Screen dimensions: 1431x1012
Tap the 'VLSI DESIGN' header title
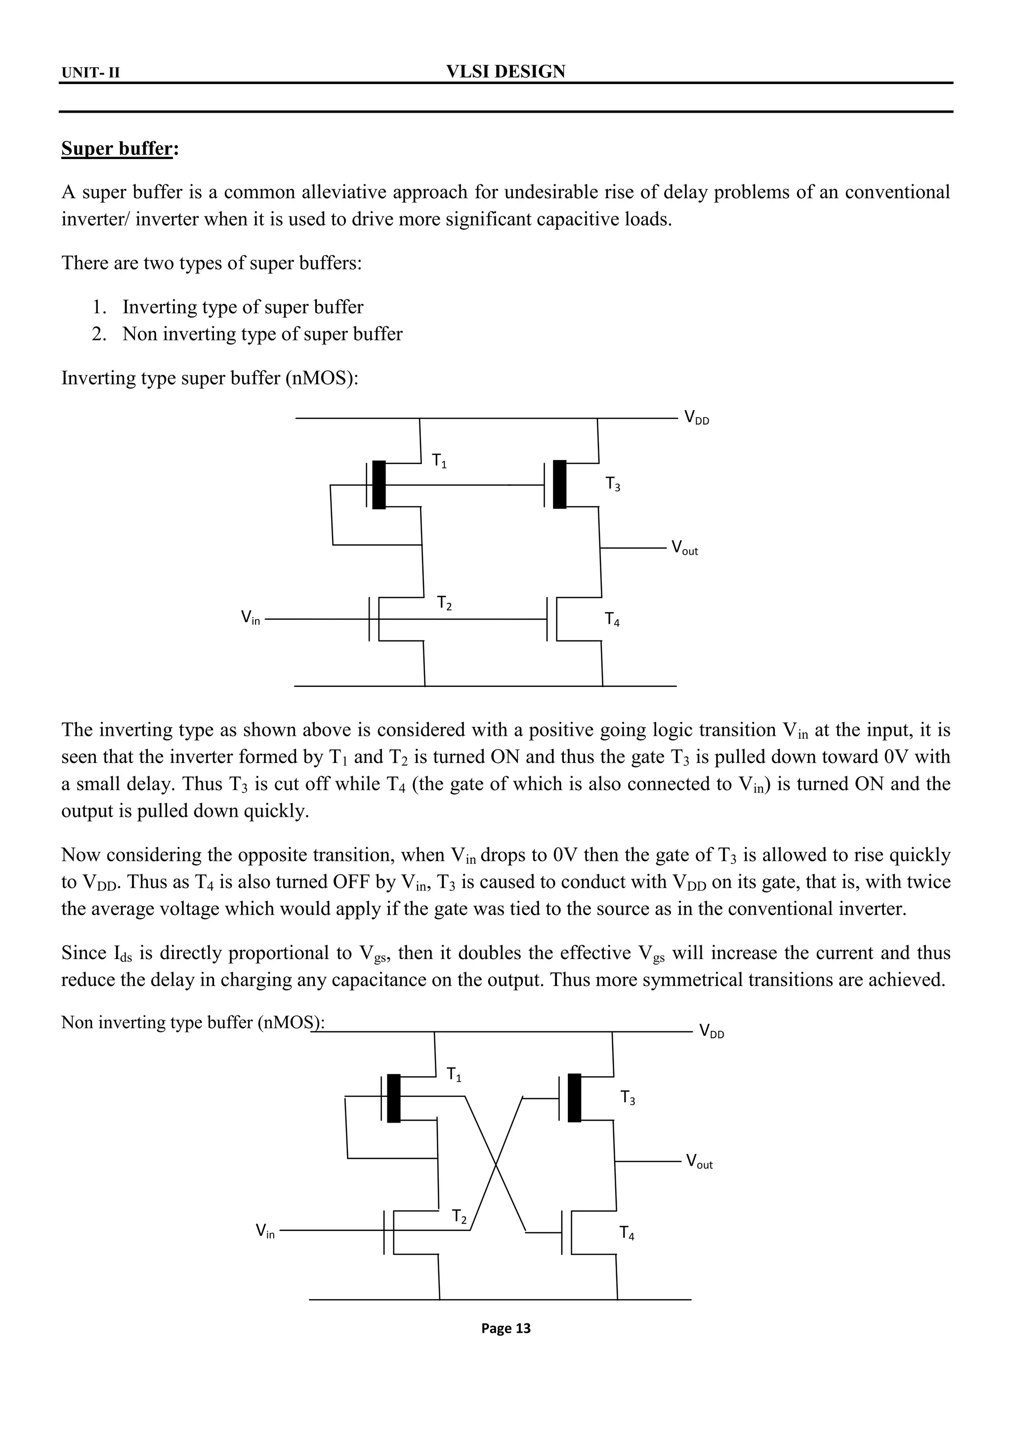click(x=506, y=72)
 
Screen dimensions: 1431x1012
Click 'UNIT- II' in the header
click(x=90, y=74)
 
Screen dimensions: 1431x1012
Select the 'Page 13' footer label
click(x=506, y=1328)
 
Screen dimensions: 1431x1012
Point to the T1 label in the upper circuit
click(x=439, y=462)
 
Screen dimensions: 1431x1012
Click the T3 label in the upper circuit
click(x=613, y=484)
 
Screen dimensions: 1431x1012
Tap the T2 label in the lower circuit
click(x=459, y=1216)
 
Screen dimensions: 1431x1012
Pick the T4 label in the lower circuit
click(x=627, y=1233)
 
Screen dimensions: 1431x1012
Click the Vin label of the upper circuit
click(x=251, y=618)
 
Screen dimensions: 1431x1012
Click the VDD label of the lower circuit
click(x=712, y=1030)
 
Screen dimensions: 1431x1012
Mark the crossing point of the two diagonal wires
click(x=496, y=1164)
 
